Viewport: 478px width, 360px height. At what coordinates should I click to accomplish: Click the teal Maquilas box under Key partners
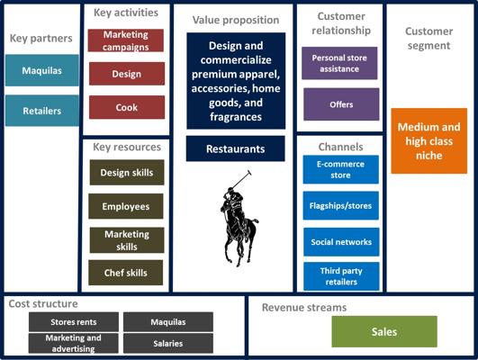[42, 70]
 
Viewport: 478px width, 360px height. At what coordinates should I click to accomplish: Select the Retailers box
[42, 111]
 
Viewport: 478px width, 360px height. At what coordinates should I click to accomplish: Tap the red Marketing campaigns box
[126, 40]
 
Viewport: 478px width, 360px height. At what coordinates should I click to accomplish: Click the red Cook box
[127, 107]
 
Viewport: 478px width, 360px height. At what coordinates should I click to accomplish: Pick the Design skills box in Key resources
[127, 173]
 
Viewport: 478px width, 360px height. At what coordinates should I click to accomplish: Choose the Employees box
[126, 206]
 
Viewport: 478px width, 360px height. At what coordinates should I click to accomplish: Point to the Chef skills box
[126, 273]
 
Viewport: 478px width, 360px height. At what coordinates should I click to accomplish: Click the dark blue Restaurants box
[236, 148]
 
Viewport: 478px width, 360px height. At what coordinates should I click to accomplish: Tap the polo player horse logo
[239, 219]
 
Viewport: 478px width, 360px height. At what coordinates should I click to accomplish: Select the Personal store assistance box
[339, 63]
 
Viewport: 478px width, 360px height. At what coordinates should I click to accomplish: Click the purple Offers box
[341, 104]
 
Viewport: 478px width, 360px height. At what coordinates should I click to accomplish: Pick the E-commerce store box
[341, 169]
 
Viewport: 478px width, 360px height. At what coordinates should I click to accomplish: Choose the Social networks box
[341, 242]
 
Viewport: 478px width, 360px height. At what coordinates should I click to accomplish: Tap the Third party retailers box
[341, 276]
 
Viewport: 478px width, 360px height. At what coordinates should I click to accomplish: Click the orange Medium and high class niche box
[428, 140]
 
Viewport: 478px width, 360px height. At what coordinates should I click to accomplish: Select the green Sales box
[384, 332]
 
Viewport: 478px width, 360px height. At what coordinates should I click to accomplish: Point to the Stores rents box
[74, 322]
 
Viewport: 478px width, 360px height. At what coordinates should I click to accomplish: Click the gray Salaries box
[168, 343]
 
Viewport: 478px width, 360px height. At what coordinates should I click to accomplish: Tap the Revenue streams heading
[304, 307]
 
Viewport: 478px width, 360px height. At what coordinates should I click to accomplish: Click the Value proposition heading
[236, 20]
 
